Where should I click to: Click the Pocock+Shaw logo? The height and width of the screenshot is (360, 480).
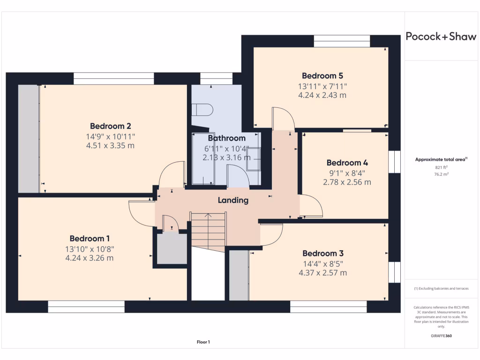[x=441, y=37]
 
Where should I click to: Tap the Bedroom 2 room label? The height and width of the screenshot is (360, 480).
[x=110, y=126]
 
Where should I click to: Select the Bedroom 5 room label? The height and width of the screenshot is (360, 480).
[x=322, y=75]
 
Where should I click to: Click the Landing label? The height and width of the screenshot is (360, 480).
[x=233, y=200]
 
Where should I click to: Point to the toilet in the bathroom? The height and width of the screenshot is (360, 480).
[x=203, y=110]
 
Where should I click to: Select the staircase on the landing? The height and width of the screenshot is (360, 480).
[x=208, y=230]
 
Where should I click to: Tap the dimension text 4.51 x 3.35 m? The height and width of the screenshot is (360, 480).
[x=110, y=146]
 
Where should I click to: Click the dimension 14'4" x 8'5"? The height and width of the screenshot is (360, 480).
[x=323, y=263]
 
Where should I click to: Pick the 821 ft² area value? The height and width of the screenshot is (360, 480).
[x=441, y=167]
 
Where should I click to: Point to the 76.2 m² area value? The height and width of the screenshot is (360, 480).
[x=441, y=173]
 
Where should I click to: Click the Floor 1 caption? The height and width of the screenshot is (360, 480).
[x=203, y=342]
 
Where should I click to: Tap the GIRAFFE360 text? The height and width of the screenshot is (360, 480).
[x=441, y=336]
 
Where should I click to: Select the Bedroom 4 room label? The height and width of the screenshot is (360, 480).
[x=347, y=163]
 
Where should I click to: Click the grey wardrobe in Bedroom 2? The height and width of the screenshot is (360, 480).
[x=29, y=138]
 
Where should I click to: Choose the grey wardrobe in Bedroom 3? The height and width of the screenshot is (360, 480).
[x=239, y=275]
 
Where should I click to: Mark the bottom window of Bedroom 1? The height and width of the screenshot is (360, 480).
[x=86, y=307]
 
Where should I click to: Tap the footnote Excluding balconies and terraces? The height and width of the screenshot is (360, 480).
[x=441, y=289]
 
